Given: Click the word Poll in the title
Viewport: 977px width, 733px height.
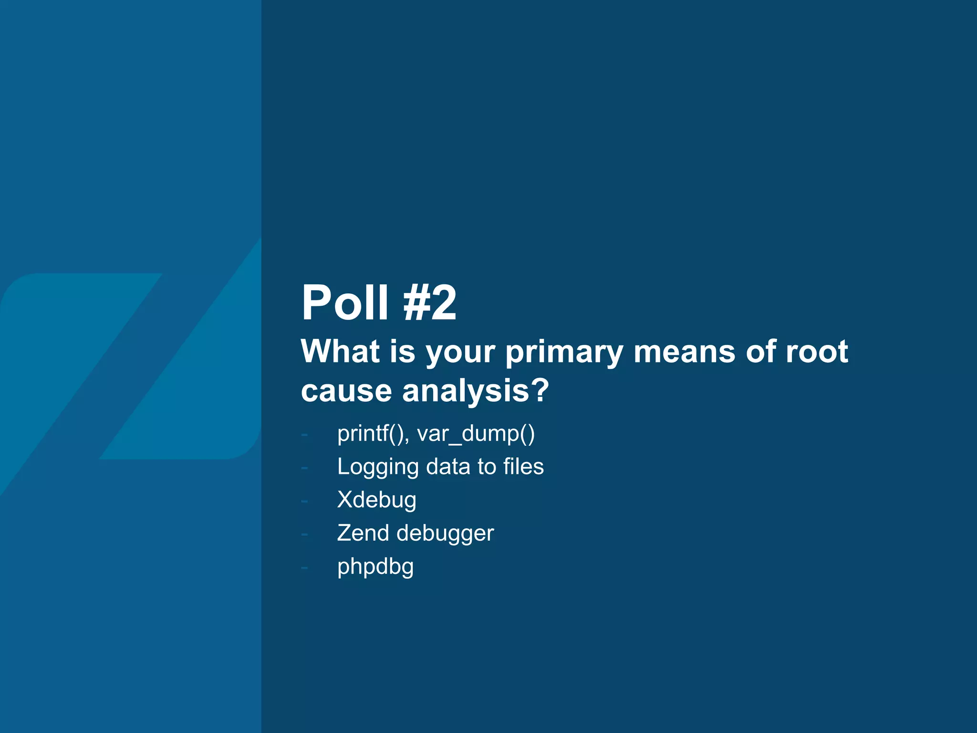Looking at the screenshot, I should coord(345,303).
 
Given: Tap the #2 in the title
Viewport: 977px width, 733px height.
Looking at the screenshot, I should coord(430,303).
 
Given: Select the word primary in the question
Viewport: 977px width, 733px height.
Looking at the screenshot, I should coord(564,352).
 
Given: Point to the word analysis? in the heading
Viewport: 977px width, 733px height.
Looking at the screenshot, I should coord(476,391).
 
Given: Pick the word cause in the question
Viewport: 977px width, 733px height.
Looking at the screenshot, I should coord(347,391).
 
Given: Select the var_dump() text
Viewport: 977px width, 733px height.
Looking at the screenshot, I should coord(476,434).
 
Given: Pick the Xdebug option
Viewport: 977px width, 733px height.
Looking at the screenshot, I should coord(376,500).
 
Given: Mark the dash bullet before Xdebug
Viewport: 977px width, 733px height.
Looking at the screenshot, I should coord(304,502).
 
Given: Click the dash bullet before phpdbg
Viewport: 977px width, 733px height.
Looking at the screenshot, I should coord(304,568).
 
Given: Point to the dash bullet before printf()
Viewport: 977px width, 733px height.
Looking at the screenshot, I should coord(304,435).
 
